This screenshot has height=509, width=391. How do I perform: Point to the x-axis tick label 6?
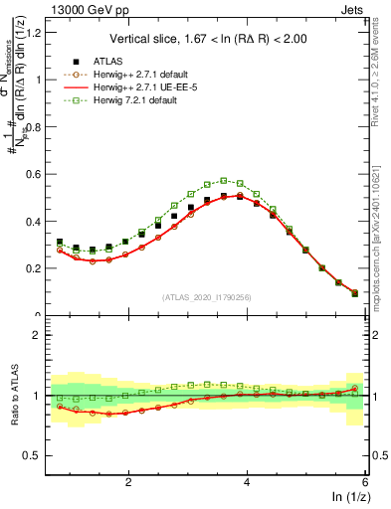[365, 481]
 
